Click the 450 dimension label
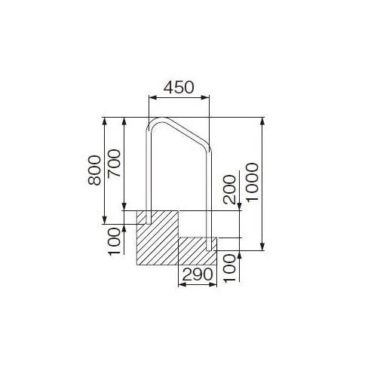(x=178, y=87)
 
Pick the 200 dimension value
(x=230, y=189)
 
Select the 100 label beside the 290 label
(x=230, y=267)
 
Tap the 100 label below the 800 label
(x=113, y=242)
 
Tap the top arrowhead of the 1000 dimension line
(x=262, y=120)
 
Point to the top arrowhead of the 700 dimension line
(x=123, y=120)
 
